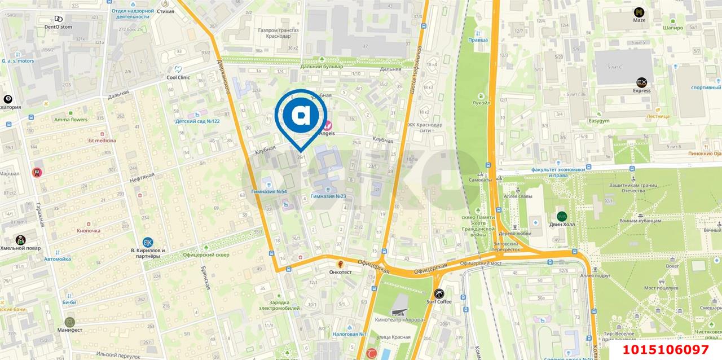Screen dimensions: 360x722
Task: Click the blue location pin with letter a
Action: point(301,116)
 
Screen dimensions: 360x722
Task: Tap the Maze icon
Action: point(639,12)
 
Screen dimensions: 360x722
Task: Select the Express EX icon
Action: point(641,82)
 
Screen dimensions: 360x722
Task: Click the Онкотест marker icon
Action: point(341,264)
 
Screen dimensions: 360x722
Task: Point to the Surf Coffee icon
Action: point(439,293)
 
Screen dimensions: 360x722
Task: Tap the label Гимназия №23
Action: point(328,196)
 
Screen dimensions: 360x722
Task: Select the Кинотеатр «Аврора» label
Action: point(399,319)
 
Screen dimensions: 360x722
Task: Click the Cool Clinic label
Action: point(178,77)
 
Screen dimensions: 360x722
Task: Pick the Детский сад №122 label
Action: point(197,121)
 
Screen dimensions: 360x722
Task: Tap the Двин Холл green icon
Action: point(562,216)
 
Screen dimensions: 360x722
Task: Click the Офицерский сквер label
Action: point(206,255)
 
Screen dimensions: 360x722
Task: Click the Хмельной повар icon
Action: point(20,240)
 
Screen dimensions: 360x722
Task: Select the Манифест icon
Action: point(70,322)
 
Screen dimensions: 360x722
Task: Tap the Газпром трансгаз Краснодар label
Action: point(278,33)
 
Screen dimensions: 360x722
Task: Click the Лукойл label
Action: point(481,103)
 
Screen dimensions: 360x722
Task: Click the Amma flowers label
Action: point(71,120)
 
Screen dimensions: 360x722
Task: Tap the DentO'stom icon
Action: point(59,19)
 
